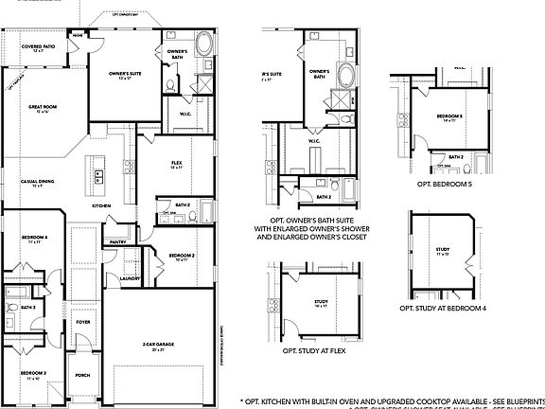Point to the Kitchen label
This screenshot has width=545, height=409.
point(101,205)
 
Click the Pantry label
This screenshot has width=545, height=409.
point(118,242)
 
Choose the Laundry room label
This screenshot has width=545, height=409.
point(131,278)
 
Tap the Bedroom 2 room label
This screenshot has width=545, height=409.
point(182,256)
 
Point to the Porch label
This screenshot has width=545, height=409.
point(82,374)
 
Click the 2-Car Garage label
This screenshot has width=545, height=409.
point(160,345)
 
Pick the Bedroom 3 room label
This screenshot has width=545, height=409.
point(35,374)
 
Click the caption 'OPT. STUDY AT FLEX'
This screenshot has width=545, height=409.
point(315,350)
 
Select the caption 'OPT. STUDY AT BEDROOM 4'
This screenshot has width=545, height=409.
point(443,308)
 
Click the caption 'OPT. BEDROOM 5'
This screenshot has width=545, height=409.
point(444,184)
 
